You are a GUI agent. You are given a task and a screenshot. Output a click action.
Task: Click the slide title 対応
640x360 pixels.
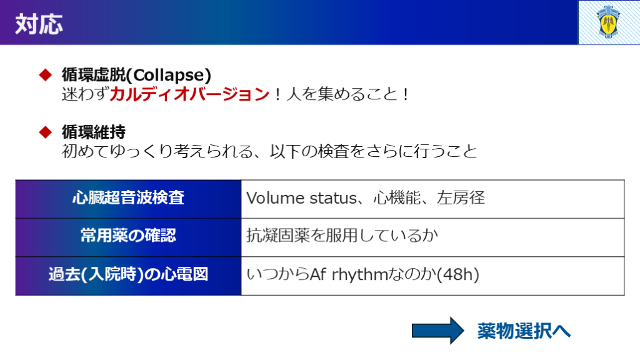tap(39, 24)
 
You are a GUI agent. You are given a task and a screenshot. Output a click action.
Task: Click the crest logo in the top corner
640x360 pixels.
tap(609, 22)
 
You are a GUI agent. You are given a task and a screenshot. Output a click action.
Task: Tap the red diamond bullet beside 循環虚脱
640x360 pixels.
tap(45, 75)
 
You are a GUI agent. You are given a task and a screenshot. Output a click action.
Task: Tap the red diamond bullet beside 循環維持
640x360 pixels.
tap(45, 132)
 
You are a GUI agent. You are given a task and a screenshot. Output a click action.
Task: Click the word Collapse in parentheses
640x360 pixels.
tap(169, 75)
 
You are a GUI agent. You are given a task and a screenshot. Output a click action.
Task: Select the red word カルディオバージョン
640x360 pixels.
tap(189, 94)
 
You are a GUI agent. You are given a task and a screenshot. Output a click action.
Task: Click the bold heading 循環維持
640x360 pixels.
tap(94, 132)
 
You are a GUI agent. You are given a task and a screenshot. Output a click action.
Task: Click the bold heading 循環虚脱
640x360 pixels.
tap(94, 75)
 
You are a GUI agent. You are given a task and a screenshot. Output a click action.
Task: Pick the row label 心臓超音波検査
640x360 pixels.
tap(128, 198)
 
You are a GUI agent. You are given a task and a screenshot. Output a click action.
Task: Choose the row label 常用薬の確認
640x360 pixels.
tap(128, 236)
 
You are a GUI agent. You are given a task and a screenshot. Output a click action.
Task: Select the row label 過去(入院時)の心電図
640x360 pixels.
tap(128, 274)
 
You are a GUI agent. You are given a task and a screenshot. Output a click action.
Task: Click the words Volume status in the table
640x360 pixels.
tap(302, 198)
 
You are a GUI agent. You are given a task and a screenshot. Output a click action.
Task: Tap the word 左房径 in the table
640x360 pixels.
tap(461, 198)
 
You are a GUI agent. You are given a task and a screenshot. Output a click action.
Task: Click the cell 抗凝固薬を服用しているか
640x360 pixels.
tap(342, 236)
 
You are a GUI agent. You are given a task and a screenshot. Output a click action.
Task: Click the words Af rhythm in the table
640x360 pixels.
tap(348, 274)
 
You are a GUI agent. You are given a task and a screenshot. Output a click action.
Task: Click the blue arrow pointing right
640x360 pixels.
tap(438, 331)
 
